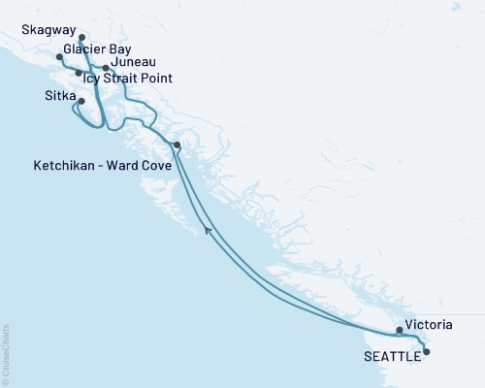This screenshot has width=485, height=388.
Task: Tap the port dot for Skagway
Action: [81, 39]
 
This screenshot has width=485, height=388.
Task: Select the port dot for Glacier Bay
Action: [60, 57]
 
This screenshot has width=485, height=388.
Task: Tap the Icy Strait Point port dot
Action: [79, 73]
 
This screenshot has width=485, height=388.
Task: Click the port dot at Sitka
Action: [81, 101]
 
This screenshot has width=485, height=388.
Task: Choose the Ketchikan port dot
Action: [177, 145]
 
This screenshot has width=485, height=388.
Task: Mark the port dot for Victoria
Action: [400, 330]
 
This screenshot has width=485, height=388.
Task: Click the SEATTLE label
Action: [392, 356]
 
